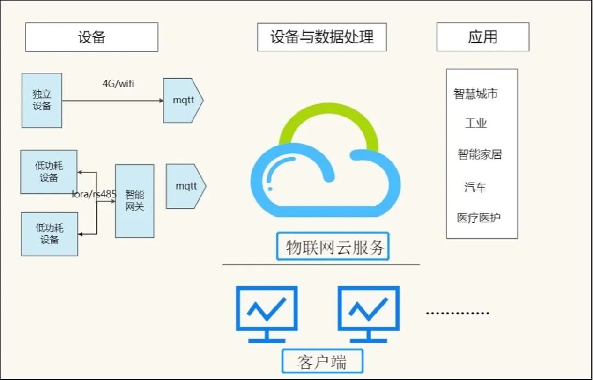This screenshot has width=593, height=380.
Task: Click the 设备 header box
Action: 91,37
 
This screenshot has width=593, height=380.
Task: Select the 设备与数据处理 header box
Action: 322,37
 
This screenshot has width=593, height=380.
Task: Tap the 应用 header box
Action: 483,37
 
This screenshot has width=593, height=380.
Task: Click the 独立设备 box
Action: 42,100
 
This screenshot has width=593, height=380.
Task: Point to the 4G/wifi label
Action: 119,84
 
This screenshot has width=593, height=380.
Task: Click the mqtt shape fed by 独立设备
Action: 183,100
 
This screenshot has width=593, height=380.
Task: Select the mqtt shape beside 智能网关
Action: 186,186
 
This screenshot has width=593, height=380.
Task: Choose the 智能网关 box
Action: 135,201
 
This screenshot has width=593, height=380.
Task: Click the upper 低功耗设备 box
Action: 49,172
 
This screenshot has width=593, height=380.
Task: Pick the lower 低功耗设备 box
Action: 49,234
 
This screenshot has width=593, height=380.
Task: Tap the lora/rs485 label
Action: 94,194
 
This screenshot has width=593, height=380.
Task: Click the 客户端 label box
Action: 322,361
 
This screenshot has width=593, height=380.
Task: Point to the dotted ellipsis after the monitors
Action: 458,312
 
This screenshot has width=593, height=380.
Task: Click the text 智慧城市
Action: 476,94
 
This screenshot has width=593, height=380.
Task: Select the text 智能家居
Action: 480,155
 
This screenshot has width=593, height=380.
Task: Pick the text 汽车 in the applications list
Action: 476,187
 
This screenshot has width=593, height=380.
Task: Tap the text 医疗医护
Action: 479,218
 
